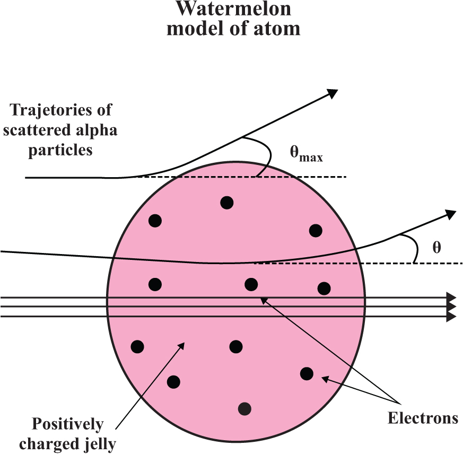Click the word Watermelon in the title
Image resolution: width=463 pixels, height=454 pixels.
point(233,9)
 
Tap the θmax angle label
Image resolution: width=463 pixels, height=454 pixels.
point(306,155)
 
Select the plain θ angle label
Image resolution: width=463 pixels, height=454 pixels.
point(436,248)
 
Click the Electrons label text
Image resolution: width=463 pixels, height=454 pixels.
point(423,418)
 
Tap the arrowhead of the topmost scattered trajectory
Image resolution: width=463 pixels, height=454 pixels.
point(333,93)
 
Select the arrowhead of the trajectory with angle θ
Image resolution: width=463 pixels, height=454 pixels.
point(450,214)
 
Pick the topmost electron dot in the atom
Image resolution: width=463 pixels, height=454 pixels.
point(226,202)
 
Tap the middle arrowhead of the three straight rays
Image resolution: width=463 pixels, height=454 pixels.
point(451,307)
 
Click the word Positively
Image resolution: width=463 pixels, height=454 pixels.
point(67,424)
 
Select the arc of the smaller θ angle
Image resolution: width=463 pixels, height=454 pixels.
point(416,249)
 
